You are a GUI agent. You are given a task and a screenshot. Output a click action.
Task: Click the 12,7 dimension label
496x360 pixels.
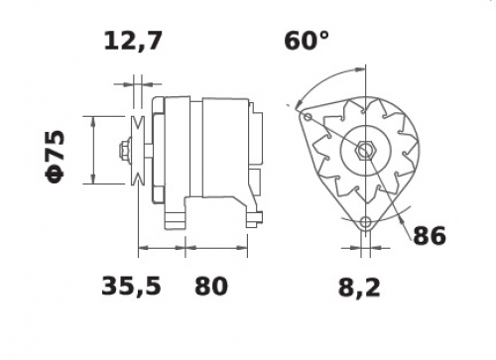pos(133,42)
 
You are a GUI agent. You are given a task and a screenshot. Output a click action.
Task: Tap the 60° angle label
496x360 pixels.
pos(307,41)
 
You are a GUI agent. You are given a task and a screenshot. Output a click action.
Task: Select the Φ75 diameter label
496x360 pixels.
pos(55,157)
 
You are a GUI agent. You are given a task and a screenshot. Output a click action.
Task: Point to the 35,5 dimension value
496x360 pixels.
pos(131,286)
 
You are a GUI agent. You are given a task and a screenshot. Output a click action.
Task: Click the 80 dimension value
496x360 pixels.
pos(211,286)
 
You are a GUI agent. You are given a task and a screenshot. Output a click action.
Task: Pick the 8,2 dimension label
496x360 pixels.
pos(359,287)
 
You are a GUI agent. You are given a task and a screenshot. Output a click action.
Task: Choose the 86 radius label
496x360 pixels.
pos(430,236)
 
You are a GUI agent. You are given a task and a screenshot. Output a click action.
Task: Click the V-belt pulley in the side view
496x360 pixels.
pos(138,150)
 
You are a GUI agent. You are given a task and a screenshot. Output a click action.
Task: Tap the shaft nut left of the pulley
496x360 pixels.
pos(125,151)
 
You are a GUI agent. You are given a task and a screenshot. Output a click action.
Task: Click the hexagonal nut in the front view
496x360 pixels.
pos(365,151)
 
